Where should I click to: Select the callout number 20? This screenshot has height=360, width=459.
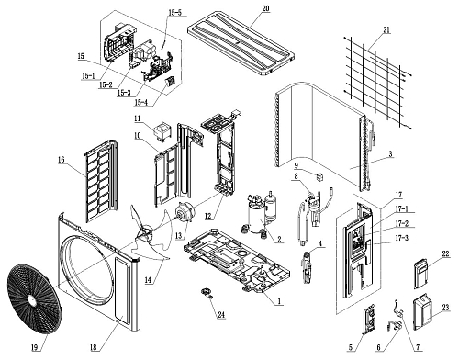[265, 8]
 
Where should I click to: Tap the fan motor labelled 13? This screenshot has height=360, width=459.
[184, 213]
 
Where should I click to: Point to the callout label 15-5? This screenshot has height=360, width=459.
[174, 13]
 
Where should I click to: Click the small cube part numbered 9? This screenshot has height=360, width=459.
[319, 177]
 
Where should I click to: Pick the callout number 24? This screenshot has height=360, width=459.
[221, 315]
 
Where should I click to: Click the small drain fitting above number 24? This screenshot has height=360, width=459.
[207, 292]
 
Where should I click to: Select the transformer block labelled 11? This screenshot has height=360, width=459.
[163, 131]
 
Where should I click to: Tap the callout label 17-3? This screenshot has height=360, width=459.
[402, 238]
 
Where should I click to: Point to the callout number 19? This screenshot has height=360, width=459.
[35, 347]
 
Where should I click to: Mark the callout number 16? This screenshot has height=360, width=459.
[62, 160]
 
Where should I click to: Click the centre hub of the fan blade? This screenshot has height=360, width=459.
[146, 232]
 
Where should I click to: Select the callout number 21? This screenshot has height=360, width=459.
[386, 30]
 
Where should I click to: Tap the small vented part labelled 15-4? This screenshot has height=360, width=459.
[170, 82]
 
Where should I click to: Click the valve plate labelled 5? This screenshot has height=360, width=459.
[369, 320]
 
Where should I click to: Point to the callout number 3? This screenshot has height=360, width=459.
[390, 154]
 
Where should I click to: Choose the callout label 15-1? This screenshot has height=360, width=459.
[88, 76]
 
